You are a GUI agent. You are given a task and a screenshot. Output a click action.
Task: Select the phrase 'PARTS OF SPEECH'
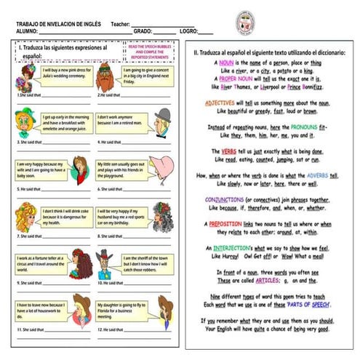pyautogui.click(x=302, y=303)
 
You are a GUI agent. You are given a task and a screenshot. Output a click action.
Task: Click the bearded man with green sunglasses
pyautogui.click(x=106, y=73)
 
